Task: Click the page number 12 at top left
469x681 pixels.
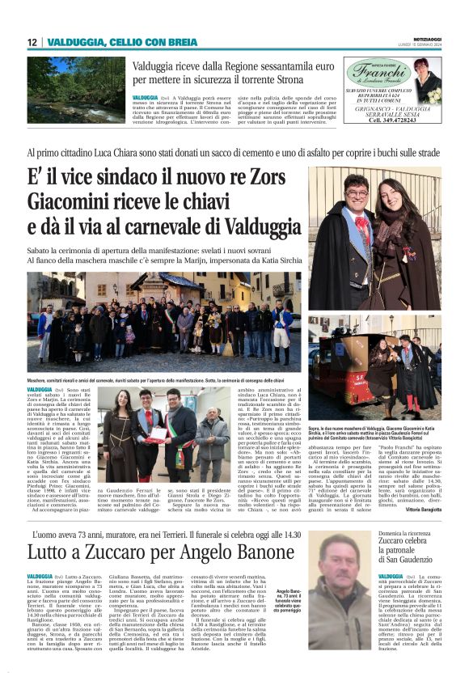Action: tap(32, 42)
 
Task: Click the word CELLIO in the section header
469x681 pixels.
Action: tap(127, 42)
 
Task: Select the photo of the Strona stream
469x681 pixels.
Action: tap(77, 88)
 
